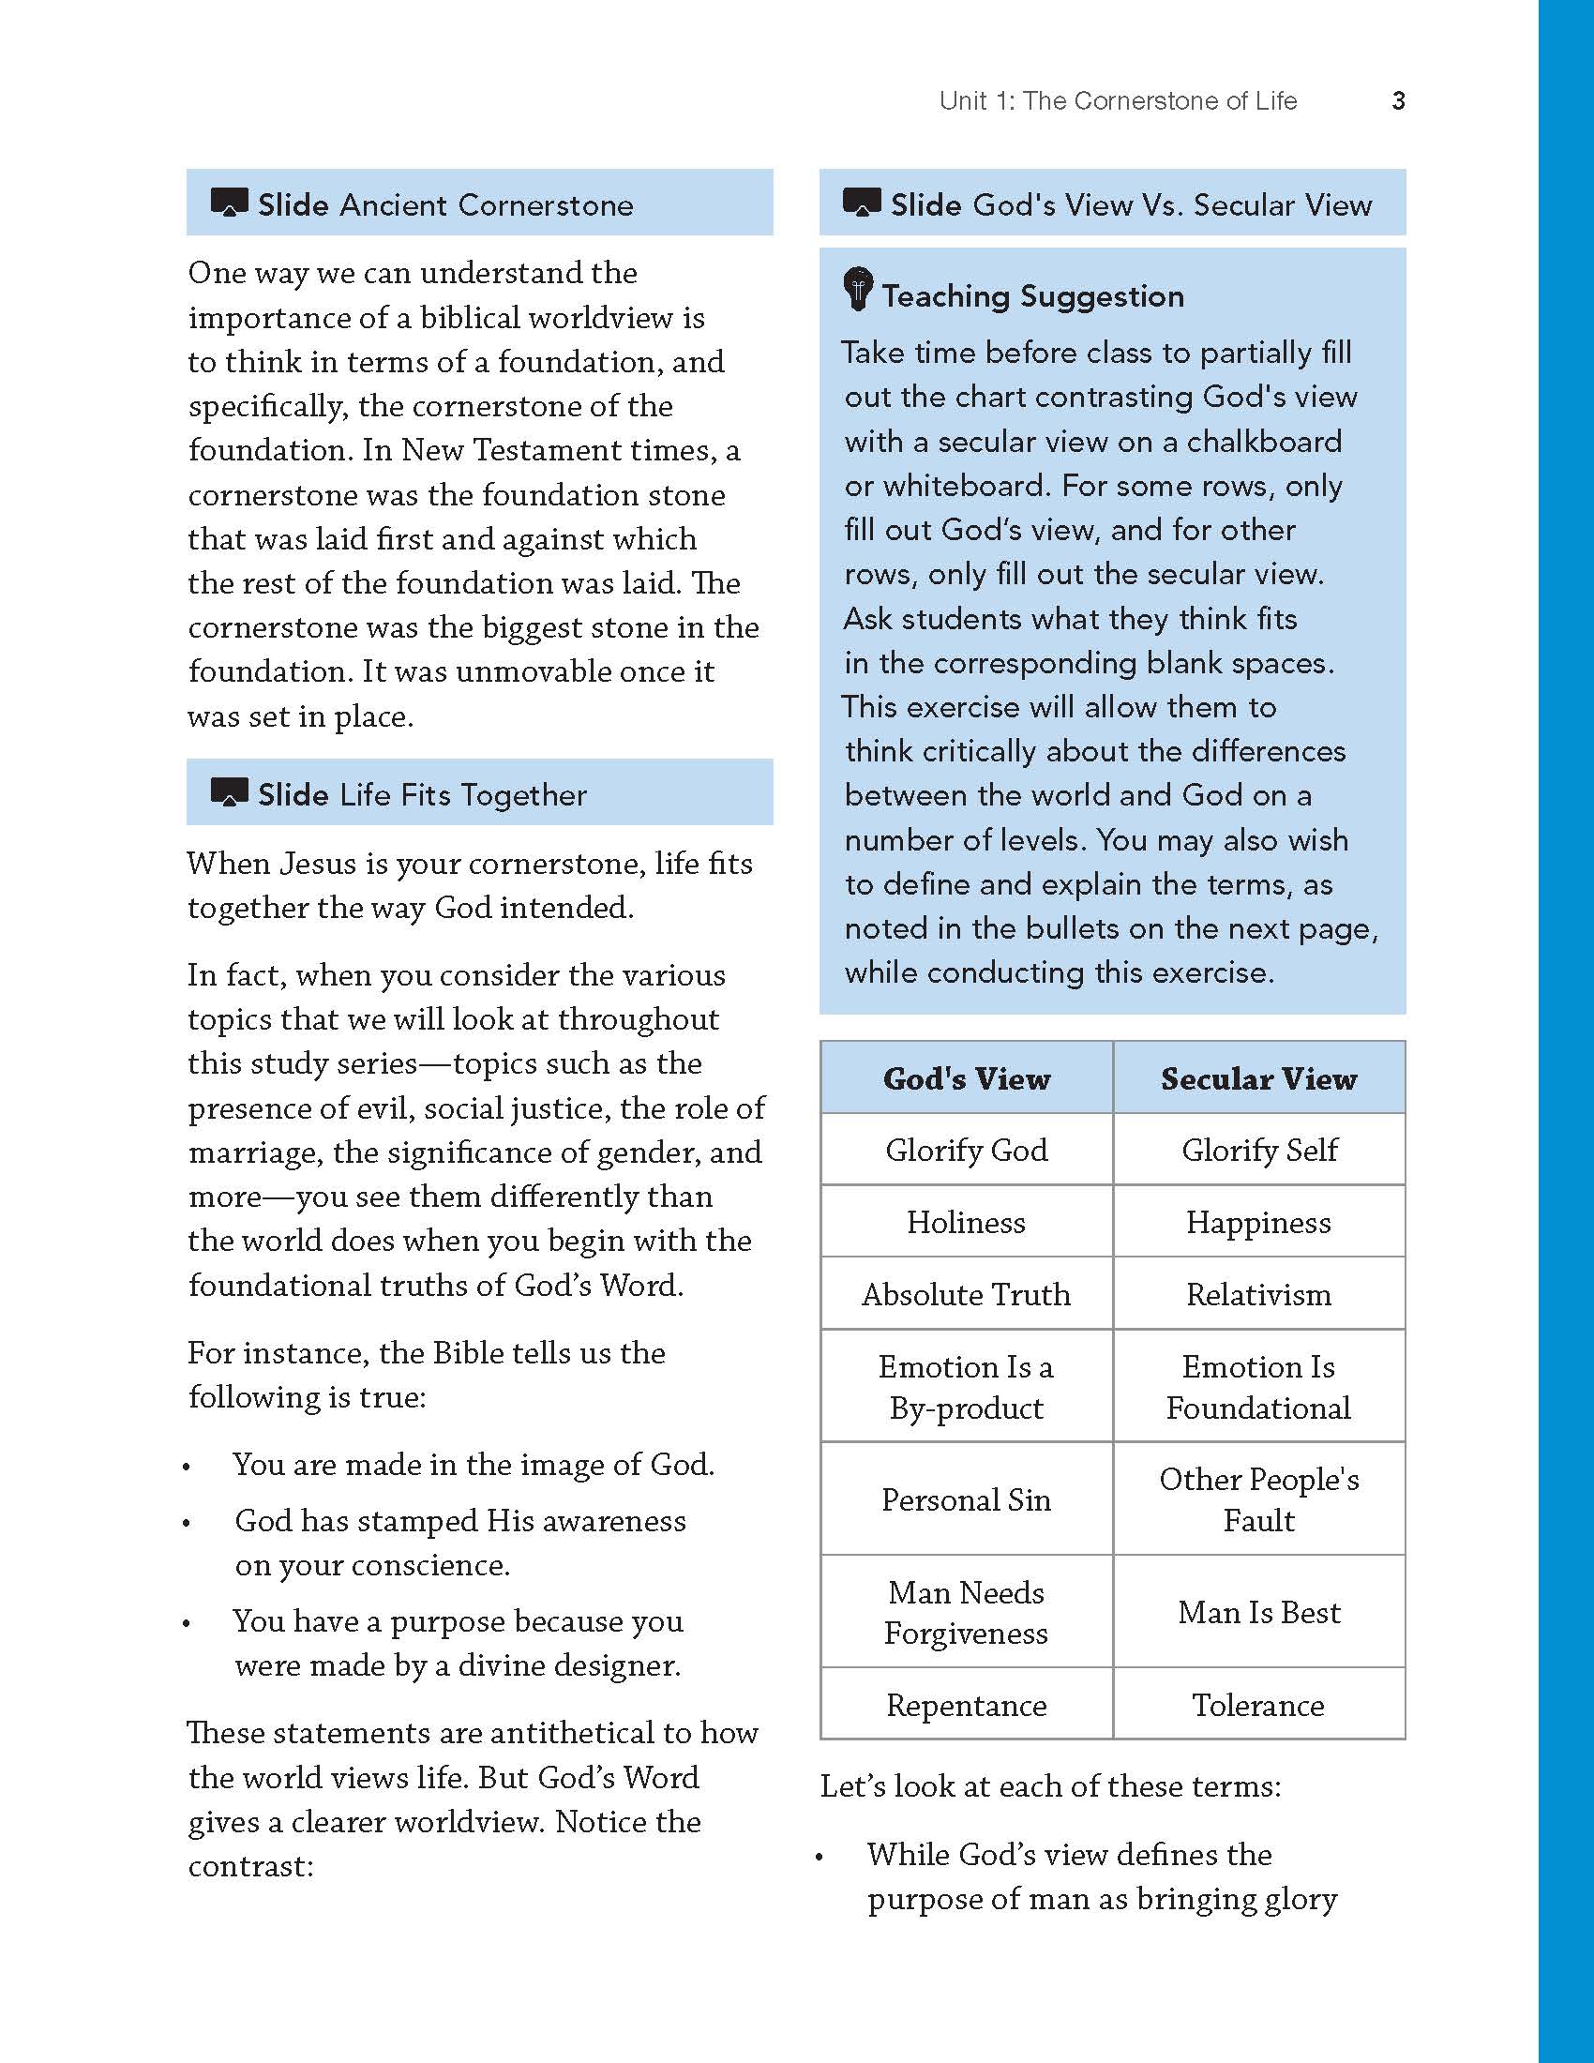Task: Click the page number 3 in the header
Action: [1399, 101]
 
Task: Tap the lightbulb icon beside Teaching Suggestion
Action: [857, 289]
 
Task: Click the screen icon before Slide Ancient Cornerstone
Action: [229, 203]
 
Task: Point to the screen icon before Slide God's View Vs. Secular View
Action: [861, 203]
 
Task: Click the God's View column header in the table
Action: [966, 1078]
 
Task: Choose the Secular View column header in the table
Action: [1258, 1078]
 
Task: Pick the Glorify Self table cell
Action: [1258, 1150]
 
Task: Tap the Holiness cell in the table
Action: [966, 1222]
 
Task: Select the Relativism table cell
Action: [1258, 1294]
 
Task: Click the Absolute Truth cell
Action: [966, 1294]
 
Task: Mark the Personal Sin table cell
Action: [966, 1500]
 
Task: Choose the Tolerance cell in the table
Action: [1258, 1705]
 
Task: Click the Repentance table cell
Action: [966, 1705]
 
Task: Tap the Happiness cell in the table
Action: [1258, 1222]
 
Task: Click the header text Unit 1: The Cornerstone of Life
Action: [1118, 101]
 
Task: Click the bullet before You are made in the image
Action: [187, 1467]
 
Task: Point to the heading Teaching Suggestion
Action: [1033, 296]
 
